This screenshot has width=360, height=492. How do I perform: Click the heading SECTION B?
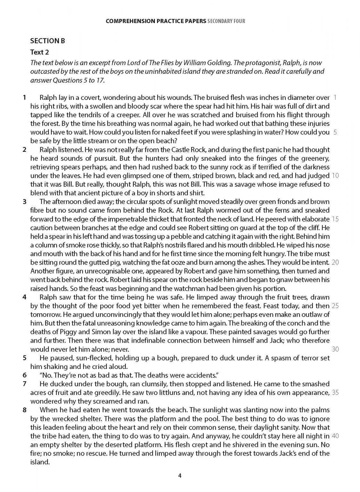[x=47, y=41]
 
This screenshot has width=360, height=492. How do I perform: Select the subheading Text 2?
[x=39, y=52]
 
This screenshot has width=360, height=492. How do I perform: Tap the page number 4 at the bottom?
[x=180, y=476]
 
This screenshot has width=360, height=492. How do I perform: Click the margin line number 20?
[x=335, y=262]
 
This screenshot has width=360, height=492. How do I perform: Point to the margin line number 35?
[x=335, y=392]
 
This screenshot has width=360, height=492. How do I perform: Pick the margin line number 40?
[x=335, y=436]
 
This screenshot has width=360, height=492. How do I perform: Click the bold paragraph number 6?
[x=24, y=375]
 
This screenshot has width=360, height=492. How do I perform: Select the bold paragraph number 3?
[x=24, y=202]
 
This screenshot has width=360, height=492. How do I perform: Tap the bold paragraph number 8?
[x=24, y=410]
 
